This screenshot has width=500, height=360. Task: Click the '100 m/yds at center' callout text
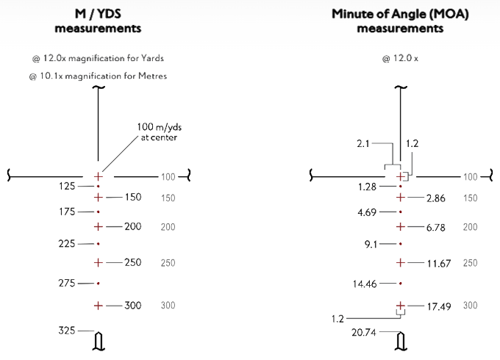click(157, 132)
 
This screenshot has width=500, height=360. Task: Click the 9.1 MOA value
click(372, 243)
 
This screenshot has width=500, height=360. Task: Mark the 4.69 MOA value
click(368, 212)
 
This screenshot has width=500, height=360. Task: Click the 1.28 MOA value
click(368, 187)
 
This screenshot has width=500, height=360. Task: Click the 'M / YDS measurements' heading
click(99, 21)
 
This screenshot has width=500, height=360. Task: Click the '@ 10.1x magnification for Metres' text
click(98, 76)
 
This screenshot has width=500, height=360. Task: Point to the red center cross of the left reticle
click(99, 176)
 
